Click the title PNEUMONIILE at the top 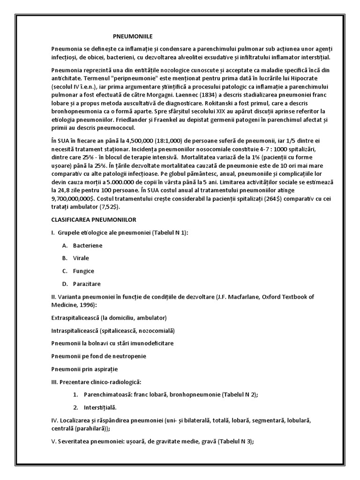tap(134, 36)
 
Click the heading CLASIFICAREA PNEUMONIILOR tap(94, 219)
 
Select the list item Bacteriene tap(88, 245)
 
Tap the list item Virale tap(81, 258)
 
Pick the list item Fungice tap(83, 271)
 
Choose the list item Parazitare tap(87, 284)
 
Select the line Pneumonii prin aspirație tap(84, 369)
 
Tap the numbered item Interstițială tap(100, 407)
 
